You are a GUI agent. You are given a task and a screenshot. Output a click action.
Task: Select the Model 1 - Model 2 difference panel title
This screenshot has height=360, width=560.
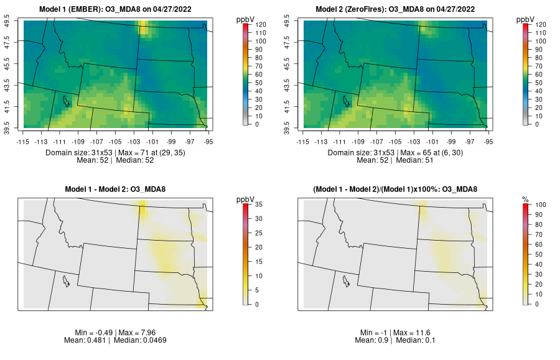pos(118,190)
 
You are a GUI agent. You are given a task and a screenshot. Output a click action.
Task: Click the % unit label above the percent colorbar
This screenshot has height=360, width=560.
pos(525,199)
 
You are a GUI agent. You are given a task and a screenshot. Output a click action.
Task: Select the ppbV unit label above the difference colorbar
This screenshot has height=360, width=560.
pos(246,199)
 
